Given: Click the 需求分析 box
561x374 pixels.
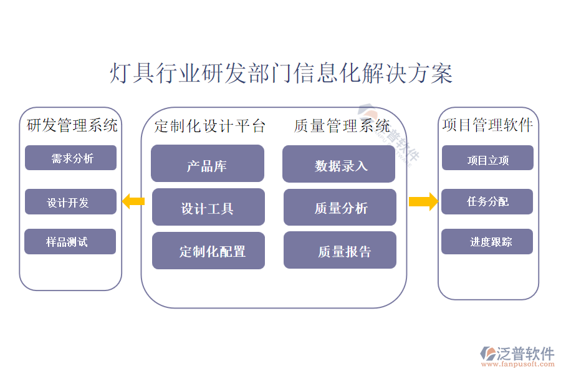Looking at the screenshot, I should click(70, 158).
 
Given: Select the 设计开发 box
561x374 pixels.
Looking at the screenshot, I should click(70, 202).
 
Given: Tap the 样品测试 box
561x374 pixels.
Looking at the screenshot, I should click(70, 242).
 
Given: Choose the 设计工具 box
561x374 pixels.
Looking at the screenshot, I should click(208, 208).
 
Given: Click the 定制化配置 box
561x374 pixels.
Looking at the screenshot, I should click(208, 251).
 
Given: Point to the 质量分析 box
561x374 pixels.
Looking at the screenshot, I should click(340, 208).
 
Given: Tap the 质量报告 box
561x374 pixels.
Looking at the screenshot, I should click(340, 251).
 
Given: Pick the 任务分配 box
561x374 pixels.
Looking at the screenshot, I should click(487, 202).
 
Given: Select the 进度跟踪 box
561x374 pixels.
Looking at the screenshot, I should click(487, 242).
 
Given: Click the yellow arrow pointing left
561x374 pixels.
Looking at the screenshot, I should click(133, 201).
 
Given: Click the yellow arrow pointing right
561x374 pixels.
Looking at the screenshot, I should click(423, 201).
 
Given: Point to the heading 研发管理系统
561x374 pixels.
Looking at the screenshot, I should click(72, 125).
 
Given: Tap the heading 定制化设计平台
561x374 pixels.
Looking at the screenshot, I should click(210, 126).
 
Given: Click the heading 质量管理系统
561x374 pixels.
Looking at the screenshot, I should click(342, 126).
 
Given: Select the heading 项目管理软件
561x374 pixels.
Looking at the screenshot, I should click(487, 125).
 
